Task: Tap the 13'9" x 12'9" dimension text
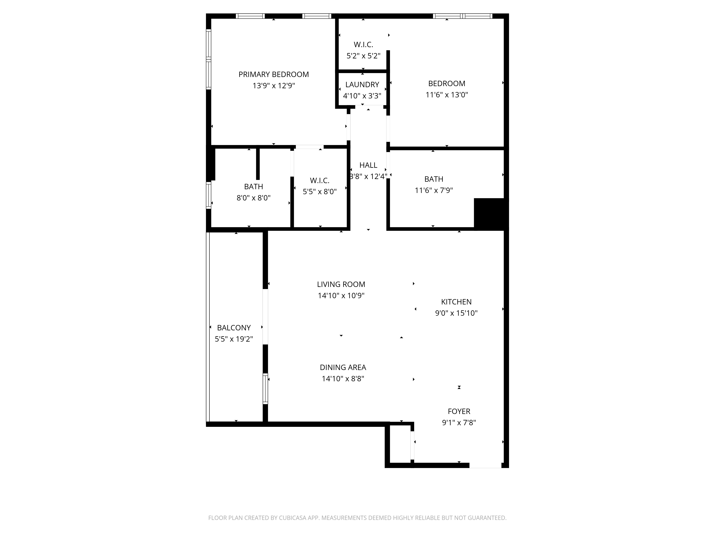[274, 86]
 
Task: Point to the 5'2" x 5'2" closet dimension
[363, 56]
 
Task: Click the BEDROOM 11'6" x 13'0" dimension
[447, 95]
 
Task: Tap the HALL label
[368, 165]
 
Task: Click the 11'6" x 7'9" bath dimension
[434, 190]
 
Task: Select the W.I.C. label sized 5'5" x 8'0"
[320, 181]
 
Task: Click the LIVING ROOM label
[341, 284]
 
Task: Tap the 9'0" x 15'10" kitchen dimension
[456, 313]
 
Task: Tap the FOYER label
[459, 411]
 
